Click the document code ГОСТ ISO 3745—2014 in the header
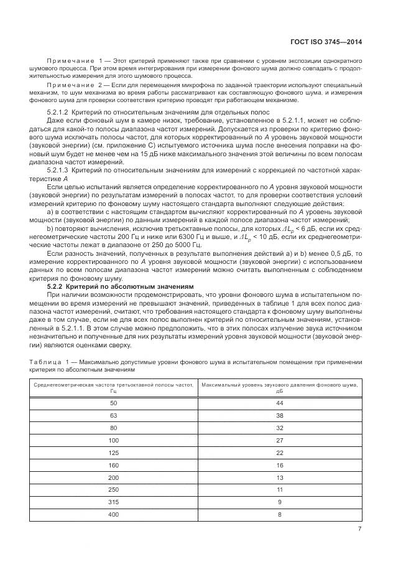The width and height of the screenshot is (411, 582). point(326,42)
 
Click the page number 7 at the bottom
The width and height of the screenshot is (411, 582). point(359,529)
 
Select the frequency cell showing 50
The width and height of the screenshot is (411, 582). point(113,403)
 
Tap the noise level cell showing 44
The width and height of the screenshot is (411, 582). point(280,403)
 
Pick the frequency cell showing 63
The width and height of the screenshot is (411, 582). point(113,415)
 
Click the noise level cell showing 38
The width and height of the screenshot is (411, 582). point(280,415)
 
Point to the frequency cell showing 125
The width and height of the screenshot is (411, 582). point(113,453)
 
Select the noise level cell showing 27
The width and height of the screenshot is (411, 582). point(280,440)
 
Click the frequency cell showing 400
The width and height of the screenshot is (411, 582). point(113,514)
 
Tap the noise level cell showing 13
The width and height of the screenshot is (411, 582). point(280,477)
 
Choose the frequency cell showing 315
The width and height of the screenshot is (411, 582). point(113,502)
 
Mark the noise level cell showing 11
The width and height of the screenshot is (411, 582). point(280,489)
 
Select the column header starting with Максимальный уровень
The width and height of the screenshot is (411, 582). point(280,388)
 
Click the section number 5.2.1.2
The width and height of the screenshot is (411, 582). point(60,111)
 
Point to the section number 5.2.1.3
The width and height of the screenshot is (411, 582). point(60,169)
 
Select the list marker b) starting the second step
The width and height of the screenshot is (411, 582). point(51,228)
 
